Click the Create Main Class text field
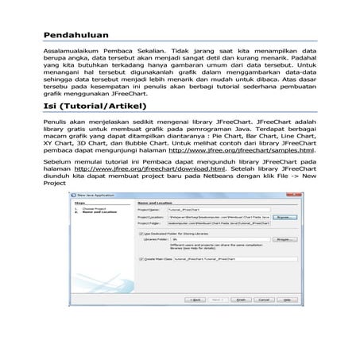[x=223, y=259]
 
